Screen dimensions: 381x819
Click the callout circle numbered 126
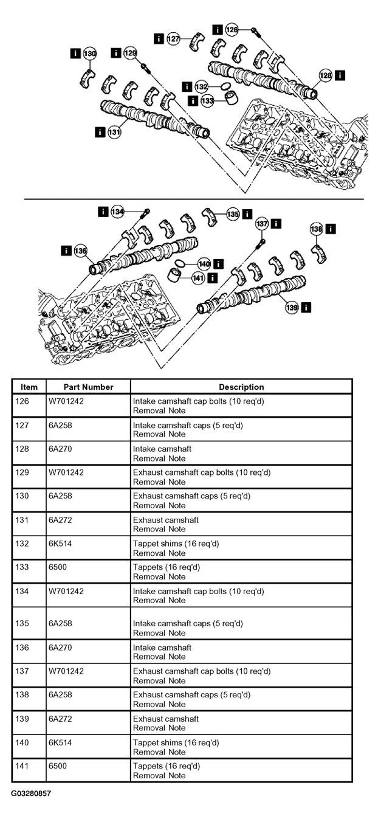232,29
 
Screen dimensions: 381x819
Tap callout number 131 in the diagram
114,132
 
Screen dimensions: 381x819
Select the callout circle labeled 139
292,308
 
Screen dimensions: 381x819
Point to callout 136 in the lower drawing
80,251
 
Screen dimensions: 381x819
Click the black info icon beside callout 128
340,75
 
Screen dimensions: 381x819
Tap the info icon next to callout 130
75,54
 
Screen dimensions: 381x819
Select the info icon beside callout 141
212,278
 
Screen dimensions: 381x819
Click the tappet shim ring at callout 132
226,86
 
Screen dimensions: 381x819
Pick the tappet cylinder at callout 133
231,98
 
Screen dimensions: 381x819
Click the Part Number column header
88,387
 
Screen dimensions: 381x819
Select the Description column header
241,387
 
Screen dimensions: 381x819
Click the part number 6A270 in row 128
60,449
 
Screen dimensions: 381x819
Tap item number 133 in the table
22,567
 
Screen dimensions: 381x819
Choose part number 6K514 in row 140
60,742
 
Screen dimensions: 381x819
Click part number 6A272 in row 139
60,719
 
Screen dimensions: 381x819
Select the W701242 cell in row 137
66,671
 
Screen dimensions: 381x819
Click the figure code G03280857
30,793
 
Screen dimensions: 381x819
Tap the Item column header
29,387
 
